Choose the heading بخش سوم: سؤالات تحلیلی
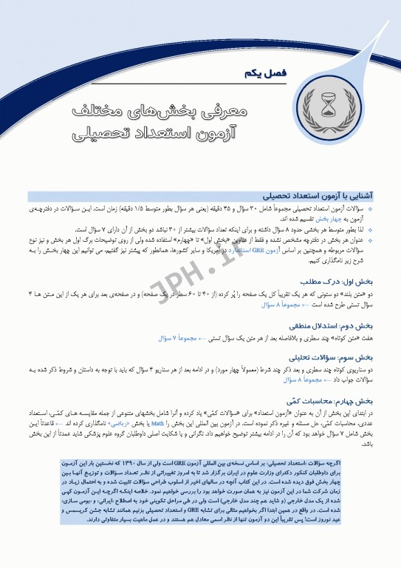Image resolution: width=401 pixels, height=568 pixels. pyautogui.click(x=343, y=356)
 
